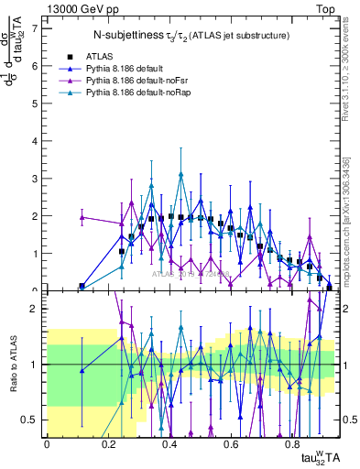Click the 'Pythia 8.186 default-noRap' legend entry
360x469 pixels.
pyautogui.click(x=142, y=93)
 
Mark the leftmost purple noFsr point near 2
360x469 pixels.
pyautogui.click(x=82, y=217)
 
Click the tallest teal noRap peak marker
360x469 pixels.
pyautogui.click(x=182, y=174)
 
